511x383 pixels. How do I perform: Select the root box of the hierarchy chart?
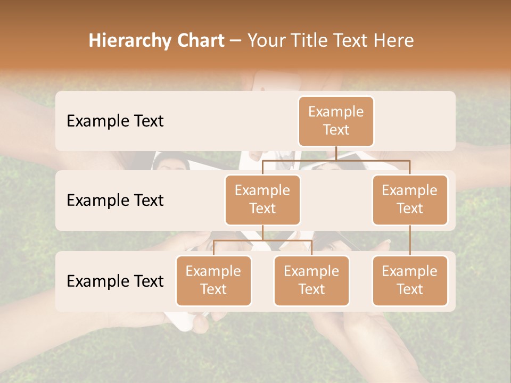(x=336, y=121)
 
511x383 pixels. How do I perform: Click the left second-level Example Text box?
(x=262, y=200)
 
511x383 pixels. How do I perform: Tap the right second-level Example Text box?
(x=410, y=200)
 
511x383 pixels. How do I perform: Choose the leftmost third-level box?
(x=213, y=281)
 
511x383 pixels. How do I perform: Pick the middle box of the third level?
(x=311, y=281)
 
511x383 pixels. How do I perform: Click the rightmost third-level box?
(x=410, y=281)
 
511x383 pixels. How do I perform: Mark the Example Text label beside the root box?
(x=115, y=121)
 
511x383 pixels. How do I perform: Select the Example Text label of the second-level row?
(x=115, y=201)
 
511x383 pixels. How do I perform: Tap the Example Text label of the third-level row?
(x=115, y=281)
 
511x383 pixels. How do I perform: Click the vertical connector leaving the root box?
(x=336, y=153)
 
